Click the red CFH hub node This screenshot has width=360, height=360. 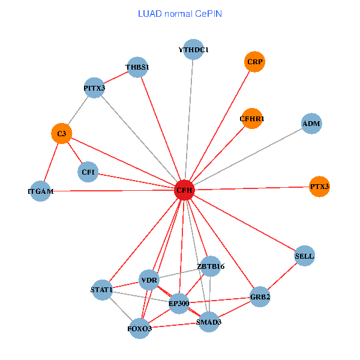coord(184,190)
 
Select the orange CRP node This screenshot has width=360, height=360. coord(254,61)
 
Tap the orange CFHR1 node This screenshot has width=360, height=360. coord(252,118)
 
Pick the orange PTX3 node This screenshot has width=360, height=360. coord(319,187)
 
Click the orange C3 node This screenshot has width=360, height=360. coord(61,133)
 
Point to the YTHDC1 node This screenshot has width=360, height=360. coord(193,49)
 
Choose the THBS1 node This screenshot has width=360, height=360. coord(137,67)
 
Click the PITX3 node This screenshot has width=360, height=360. coord(94,88)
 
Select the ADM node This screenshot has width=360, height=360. coord(311,124)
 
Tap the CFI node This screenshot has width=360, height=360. coord(88,172)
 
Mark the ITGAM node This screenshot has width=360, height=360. coord(40,191)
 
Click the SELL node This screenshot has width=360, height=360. coord(304,256)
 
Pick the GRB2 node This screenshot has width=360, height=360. coord(260,297)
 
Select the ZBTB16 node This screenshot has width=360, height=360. coord(209,266)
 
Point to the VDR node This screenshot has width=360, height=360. coord(149,280)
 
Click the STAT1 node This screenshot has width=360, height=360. coord(103,290)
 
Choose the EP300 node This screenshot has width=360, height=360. coord(179,303)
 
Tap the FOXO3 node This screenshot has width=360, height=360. coord(139,328)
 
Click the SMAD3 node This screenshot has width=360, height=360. coord(209,322)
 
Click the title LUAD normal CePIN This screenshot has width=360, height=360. coord(179,13)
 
